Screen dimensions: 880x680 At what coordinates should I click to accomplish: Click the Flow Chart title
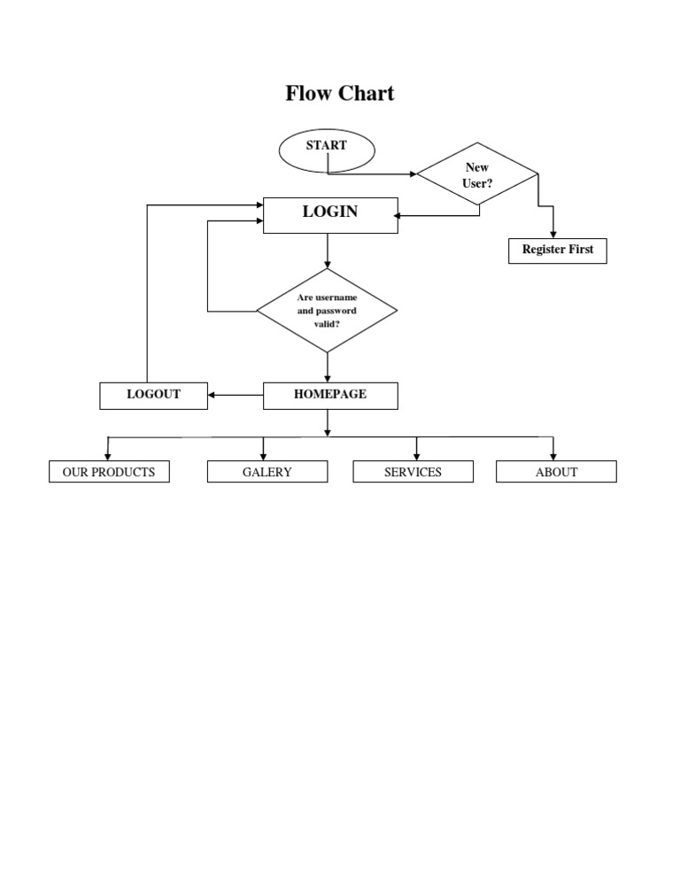[339, 93]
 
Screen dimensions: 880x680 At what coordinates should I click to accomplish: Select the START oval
[327, 150]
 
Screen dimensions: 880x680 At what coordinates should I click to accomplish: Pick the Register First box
[558, 251]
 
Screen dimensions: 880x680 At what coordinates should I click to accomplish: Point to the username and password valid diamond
[327, 311]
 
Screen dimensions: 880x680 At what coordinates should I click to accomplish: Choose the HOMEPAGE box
[330, 395]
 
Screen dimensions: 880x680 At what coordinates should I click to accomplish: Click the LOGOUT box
[154, 395]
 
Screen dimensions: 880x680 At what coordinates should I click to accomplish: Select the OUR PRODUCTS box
[109, 472]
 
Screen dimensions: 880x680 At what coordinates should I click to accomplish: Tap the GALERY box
[267, 472]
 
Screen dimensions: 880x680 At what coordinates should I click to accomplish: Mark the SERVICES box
[413, 472]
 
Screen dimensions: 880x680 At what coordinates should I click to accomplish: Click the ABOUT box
[556, 472]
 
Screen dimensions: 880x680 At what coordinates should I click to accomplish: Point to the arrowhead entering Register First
[553, 235]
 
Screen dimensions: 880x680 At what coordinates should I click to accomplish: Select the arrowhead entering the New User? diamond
[413, 174]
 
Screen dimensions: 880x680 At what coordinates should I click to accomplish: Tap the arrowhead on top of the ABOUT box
[553, 456]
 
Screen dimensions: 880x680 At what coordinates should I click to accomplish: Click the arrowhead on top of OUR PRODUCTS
[108, 456]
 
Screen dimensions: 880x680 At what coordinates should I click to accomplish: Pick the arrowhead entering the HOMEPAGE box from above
[328, 378]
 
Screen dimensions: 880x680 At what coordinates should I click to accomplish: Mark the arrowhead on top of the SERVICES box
[416, 456]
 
